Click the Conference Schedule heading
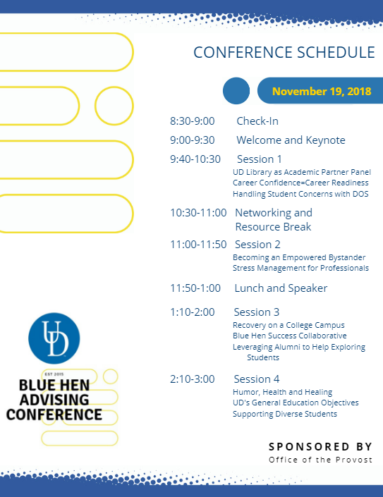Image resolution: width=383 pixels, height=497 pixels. pos(284,52)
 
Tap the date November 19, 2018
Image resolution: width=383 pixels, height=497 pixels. pos(322,91)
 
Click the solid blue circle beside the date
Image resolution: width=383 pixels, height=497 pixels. pos(236,91)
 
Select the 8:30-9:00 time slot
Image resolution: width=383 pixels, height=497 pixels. pos(192,121)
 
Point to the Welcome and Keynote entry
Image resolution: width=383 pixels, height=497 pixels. pos(291,140)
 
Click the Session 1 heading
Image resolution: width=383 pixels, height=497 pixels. pos(259,159)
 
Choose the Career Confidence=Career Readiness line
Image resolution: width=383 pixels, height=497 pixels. pos(300,183)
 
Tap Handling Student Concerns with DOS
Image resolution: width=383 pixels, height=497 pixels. pos(300,194)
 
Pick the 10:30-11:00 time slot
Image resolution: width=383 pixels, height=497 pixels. pos(198,212)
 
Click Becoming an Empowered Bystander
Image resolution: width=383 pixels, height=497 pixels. pos(299,257)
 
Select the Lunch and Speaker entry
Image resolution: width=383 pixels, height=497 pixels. pos(281,288)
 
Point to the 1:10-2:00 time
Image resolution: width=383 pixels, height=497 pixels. pos(192,312)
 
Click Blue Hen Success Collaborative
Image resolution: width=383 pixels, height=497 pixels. pos(289,336)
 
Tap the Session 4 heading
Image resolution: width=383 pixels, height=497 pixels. pos(257,379)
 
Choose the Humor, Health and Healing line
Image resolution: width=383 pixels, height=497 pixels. pos(283,392)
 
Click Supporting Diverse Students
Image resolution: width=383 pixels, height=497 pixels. pos(285,414)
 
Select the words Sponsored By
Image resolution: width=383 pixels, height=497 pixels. pos(320,447)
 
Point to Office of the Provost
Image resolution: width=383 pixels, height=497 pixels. pos(320,460)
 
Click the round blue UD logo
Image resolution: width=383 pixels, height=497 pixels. pos(54,338)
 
